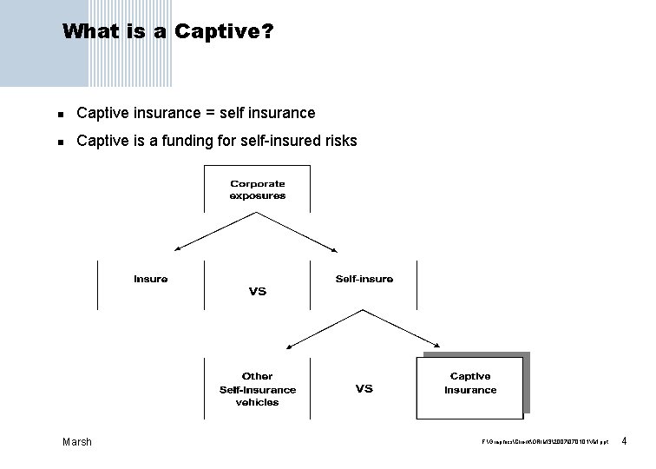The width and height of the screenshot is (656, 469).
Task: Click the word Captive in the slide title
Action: [x=220, y=33]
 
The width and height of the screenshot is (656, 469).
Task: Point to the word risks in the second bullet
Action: [x=338, y=140]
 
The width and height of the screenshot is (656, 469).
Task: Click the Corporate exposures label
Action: [x=257, y=189]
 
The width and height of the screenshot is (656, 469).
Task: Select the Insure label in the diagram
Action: [x=151, y=279]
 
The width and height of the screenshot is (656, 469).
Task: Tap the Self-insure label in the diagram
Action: [x=364, y=279]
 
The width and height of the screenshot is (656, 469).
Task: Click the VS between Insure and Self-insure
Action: [x=257, y=292]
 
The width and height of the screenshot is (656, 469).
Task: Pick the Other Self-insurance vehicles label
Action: [x=257, y=389]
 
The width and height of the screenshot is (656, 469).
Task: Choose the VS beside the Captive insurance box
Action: [x=364, y=389]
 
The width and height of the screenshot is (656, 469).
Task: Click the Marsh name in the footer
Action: [x=77, y=442]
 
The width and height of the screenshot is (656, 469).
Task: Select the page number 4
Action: [x=624, y=442]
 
